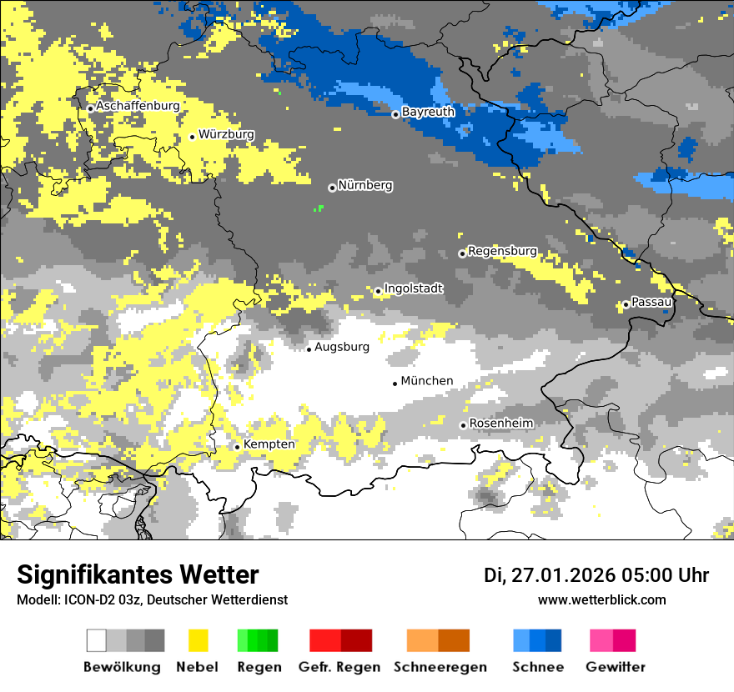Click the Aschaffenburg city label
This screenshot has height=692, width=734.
[x=138, y=107]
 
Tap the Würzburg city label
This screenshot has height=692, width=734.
[x=226, y=134]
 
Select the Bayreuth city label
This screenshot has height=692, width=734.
[x=428, y=112]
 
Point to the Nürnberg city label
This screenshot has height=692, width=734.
[x=364, y=185]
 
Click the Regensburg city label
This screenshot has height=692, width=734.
[x=502, y=251]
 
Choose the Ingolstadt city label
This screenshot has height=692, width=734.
[x=413, y=289]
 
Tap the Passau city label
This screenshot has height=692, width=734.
[x=651, y=302]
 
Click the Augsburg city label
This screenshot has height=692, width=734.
[x=341, y=347]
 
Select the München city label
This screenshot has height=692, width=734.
[x=427, y=381]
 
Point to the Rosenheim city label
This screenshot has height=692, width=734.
[x=500, y=424]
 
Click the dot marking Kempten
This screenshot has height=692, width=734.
[x=237, y=447]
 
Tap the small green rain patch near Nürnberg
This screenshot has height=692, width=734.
[x=318, y=208]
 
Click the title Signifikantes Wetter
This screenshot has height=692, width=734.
[x=138, y=574]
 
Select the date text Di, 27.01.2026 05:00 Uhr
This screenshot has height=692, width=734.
[x=596, y=575]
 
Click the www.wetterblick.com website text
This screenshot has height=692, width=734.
[x=601, y=599]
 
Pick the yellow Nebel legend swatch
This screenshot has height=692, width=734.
[x=198, y=640]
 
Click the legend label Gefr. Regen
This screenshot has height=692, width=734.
[x=340, y=667]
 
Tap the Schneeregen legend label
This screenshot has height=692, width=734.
[x=440, y=667]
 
